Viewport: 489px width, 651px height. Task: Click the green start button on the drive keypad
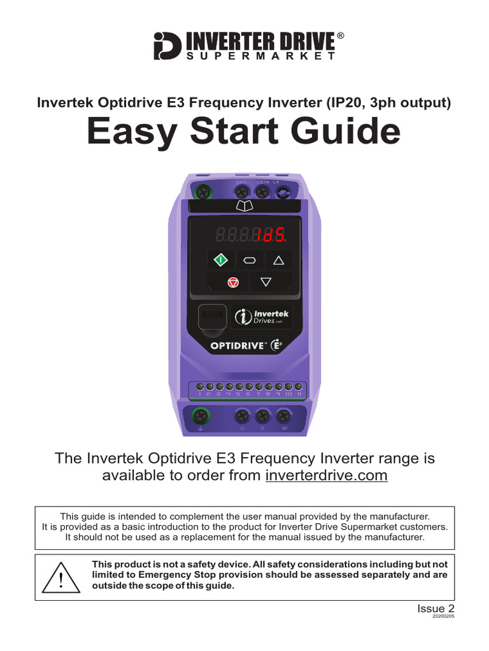pyautogui.click(x=220, y=259)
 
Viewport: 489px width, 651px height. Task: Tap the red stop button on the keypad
pyautogui.click(x=233, y=282)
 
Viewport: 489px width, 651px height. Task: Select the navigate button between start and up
pyautogui.click(x=249, y=259)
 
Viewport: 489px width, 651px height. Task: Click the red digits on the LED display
pyautogui.click(x=271, y=236)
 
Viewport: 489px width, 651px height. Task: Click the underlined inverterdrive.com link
pyautogui.click(x=326, y=476)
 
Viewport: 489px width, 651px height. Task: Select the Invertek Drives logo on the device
pyautogui.click(x=262, y=316)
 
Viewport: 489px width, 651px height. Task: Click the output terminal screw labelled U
pyautogui.click(x=242, y=416)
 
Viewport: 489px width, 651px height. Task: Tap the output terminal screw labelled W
pyautogui.click(x=284, y=416)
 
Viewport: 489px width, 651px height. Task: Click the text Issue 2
pyautogui.click(x=436, y=608)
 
